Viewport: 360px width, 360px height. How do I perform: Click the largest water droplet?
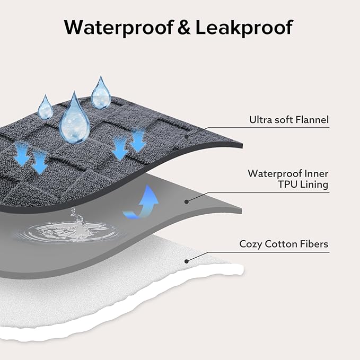[x=73, y=119]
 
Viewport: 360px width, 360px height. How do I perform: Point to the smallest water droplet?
[x=46, y=108]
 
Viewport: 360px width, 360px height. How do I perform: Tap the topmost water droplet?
[x=100, y=93]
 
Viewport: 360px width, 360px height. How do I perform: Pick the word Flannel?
[x=313, y=120]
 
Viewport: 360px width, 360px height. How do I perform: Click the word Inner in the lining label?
[x=316, y=173]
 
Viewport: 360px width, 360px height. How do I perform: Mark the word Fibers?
[x=315, y=244]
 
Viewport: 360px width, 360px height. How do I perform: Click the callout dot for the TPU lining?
[x=186, y=201]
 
